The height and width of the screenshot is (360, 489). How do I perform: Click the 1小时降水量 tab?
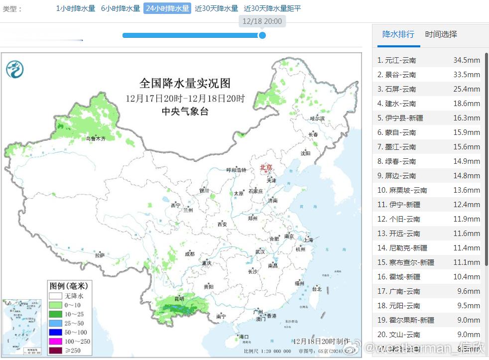[x=75, y=8]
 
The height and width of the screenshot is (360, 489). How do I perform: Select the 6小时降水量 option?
[x=120, y=8]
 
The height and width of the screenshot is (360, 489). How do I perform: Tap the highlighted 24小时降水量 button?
[x=167, y=8]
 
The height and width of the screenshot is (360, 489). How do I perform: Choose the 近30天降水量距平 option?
[x=272, y=8]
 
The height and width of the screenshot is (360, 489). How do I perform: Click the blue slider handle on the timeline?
[x=262, y=35]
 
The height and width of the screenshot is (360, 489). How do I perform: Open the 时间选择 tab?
[x=441, y=34]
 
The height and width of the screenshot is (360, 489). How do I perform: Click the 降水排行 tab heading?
[x=398, y=34]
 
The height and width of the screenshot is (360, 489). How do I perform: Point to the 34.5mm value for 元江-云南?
[x=466, y=60]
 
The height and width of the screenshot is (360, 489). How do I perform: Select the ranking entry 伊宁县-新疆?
[x=400, y=118]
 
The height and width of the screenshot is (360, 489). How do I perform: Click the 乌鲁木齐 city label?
[x=95, y=139]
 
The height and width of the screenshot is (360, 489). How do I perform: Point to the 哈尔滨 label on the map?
[x=317, y=119]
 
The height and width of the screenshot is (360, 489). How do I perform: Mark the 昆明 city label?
[x=179, y=299]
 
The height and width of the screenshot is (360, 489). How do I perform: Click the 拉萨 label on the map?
[x=100, y=255]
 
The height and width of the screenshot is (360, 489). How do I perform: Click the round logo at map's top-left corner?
[x=15, y=69]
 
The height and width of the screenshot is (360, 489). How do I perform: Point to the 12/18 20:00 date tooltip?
[x=262, y=21]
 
